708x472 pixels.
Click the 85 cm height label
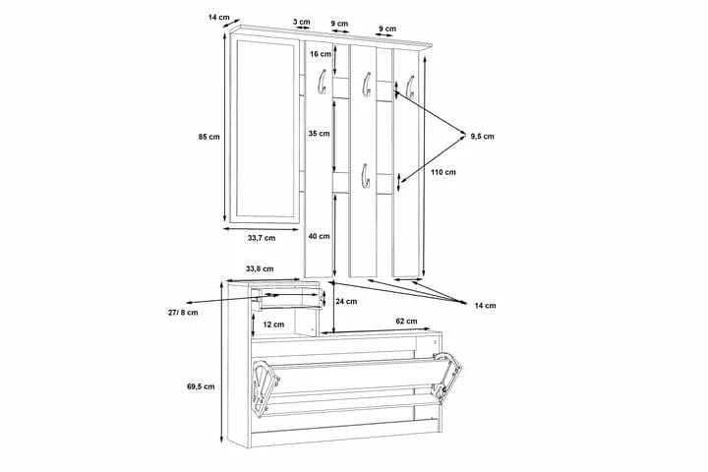pyautogui.click(x=208, y=137)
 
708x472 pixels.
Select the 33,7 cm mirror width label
pyautogui.click(x=262, y=238)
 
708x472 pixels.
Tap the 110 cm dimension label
pyautogui.click(x=442, y=172)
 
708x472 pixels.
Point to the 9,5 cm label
pyautogui.click(x=482, y=136)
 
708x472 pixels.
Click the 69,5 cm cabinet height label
pyautogui.click(x=201, y=386)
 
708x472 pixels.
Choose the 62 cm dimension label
pyautogui.click(x=406, y=322)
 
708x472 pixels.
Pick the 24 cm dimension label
pyautogui.click(x=346, y=301)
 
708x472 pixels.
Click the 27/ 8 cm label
pyautogui.click(x=183, y=312)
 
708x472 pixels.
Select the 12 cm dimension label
pyautogui.click(x=273, y=324)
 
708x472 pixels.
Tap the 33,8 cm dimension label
pyautogui.click(x=260, y=268)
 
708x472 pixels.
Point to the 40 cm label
pyautogui.click(x=319, y=236)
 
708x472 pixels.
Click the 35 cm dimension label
pyautogui.click(x=319, y=134)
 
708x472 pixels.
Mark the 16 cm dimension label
pyautogui.click(x=321, y=54)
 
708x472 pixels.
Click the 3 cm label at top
pyautogui.click(x=302, y=22)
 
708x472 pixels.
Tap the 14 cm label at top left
pyautogui.click(x=218, y=17)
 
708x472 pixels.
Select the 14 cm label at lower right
pyautogui.click(x=485, y=306)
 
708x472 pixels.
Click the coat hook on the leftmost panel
pyautogui.click(x=322, y=83)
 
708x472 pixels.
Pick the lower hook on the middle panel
pyautogui.click(x=365, y=176)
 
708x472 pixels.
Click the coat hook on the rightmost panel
pyautogui.click(x=410, y=88)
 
